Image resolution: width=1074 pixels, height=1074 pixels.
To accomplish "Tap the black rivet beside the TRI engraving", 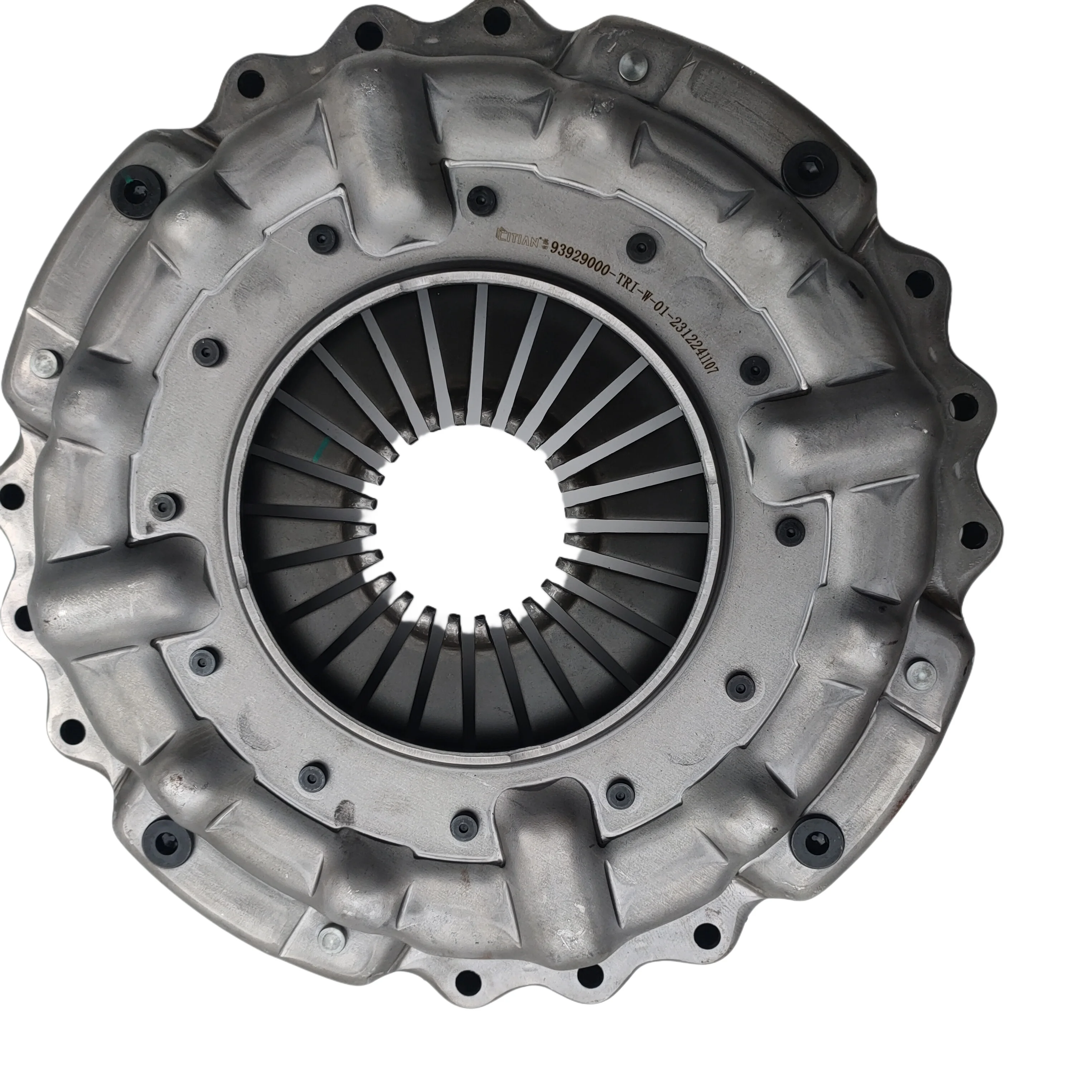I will (641, 246).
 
